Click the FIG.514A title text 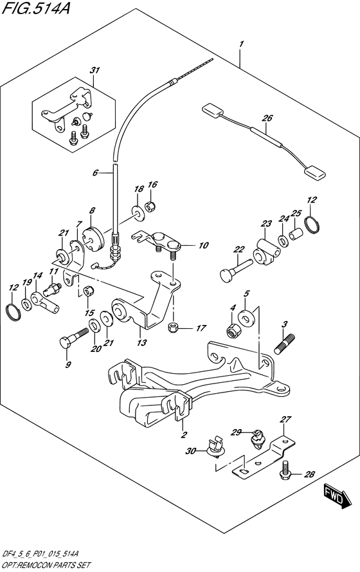pyautogui.click(x=31, y=10)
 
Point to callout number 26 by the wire pyautogui.click(x=267, y=118)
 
